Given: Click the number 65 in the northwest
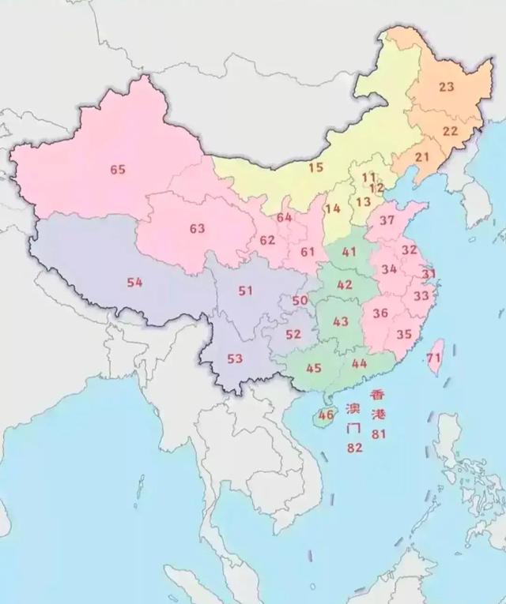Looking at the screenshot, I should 118,169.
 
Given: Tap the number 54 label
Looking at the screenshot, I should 134,282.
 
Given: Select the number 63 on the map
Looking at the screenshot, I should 197,228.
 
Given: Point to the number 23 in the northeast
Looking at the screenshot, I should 447,87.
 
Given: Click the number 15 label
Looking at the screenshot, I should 316,167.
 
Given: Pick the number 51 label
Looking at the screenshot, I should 245,291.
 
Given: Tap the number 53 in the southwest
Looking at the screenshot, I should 235,358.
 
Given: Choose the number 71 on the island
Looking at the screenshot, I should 433,358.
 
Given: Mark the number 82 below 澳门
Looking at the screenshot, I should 354,448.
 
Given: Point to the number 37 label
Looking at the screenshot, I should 387,219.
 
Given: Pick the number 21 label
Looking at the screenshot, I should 422,156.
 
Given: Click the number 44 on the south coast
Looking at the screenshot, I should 359,363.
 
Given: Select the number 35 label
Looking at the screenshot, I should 404,334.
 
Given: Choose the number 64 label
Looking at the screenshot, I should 285,217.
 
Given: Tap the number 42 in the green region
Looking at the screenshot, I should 345,284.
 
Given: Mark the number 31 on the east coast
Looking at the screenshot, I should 429,274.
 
